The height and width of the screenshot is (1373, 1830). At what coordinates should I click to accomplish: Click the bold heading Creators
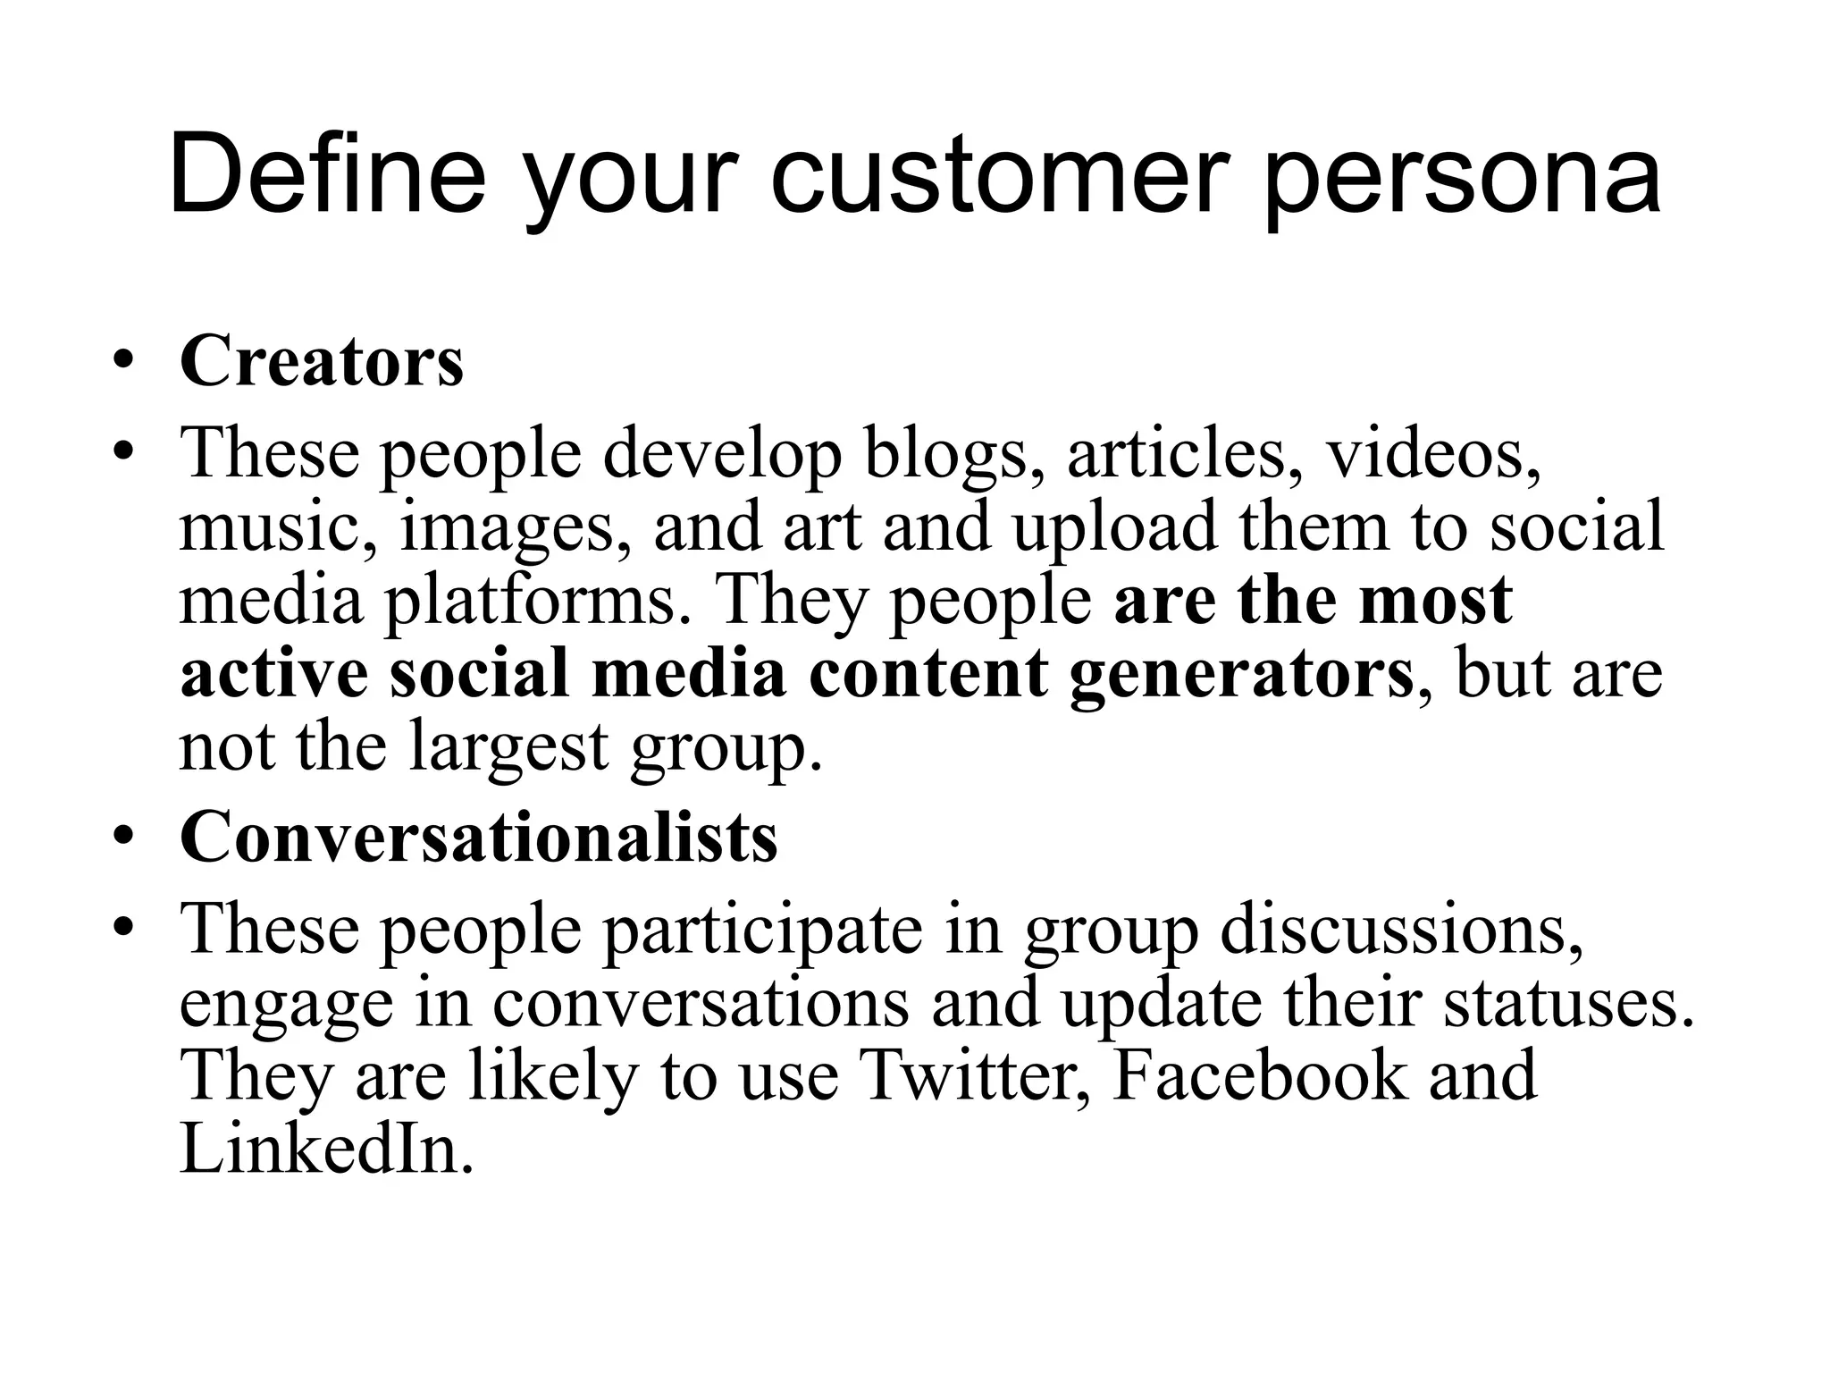coord(322,362)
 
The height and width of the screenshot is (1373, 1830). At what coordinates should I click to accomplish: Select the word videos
coord(1432,455)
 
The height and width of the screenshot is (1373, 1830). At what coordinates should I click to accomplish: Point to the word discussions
coord(1401,931)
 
